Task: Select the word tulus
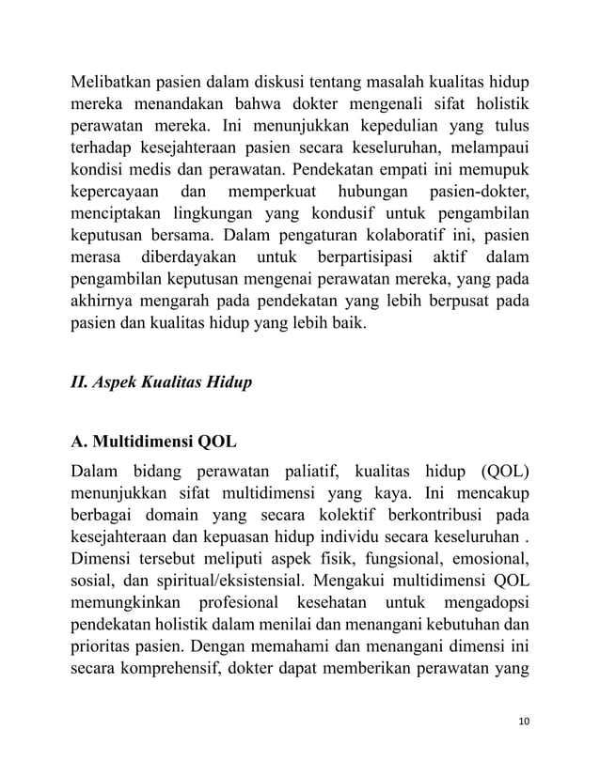pyautogui.click(x=505, y=125)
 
